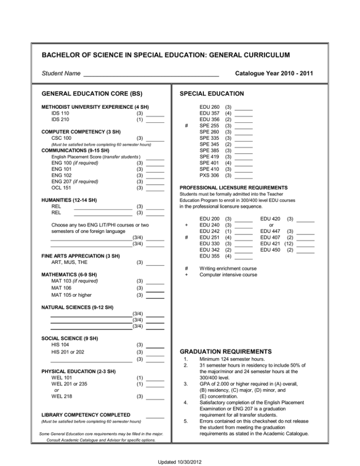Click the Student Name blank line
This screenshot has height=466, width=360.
coord(151,75)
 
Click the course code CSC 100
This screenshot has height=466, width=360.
coord(61,138)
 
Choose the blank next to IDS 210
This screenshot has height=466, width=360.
coord(155,121)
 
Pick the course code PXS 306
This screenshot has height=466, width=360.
coord(210,175)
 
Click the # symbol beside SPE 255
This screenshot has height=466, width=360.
coord(187,126)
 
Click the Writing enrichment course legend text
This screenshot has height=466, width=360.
coord(228,269)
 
